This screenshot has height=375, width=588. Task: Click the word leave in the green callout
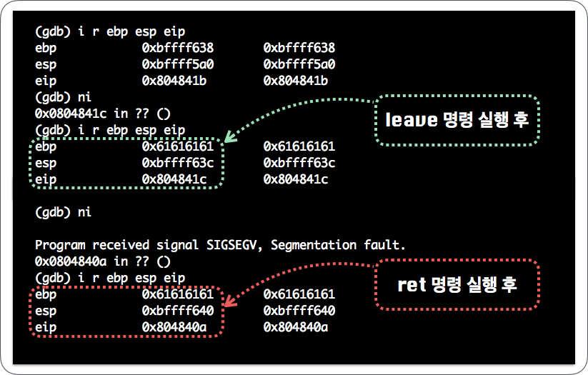411,120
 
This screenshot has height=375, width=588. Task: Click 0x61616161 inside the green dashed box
178,147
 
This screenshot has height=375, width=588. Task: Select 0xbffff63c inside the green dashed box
178,164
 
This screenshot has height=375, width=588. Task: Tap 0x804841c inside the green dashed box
174,180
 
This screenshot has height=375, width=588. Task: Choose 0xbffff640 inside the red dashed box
178,311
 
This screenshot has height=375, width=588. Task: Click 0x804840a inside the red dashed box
174,327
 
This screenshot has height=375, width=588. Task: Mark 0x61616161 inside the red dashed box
178,294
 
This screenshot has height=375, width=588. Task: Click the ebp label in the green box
46,147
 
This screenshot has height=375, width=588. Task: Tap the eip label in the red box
46,327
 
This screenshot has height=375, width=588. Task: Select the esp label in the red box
46,311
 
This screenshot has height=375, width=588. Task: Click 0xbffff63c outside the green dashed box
299,164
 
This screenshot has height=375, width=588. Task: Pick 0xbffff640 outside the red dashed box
299,311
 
